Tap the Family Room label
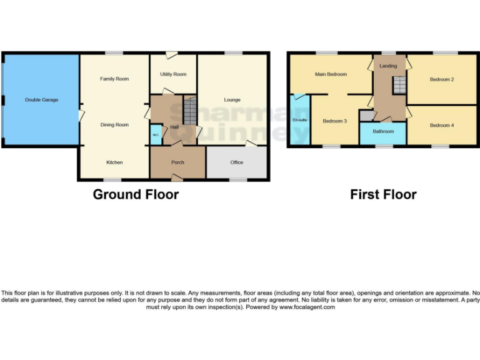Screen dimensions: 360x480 (x=114, y=79)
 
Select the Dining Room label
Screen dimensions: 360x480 (x=114, y=125)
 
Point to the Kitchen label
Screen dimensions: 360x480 (x=114, y=162)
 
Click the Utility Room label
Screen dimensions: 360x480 (x=173, y=74)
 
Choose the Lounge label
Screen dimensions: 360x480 (x=232, y=100)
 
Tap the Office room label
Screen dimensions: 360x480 (x=237, y=162)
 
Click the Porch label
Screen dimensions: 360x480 (x=177, y=162)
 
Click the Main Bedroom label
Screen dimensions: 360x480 (x=331, y=74)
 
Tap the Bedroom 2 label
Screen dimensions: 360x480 (x=442, y=79)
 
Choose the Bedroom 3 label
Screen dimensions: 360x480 (x=335, y=121)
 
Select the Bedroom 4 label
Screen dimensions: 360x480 (x=442, y=125)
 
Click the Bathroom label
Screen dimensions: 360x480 (x=383, y=132)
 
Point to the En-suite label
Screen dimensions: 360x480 (x=299, y=119)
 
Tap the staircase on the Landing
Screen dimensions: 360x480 (x=399, y=85)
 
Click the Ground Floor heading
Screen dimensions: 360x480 (x=136, y=194)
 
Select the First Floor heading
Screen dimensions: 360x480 (x=383, y=194)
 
